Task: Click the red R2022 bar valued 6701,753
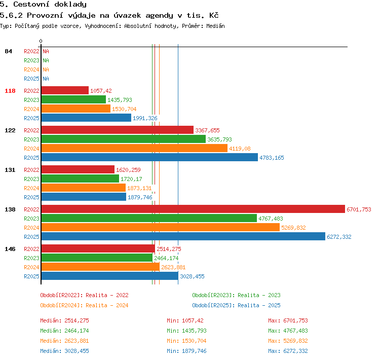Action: (x=193, y=209)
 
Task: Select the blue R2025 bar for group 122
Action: (x=149, y=157)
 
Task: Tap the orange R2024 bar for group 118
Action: (x=76, y=109)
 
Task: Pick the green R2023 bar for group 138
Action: (x=149, y=218)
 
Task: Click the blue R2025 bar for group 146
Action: (x=110, y=276)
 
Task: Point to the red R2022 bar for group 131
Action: (x=78, y=169)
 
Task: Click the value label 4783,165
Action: (x=272, y=158)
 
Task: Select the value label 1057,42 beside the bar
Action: (x=101, y=91)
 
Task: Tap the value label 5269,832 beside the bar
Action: (x=293, y=228)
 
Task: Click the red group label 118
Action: (x=10, y=91)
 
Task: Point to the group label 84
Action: (x=8, y=51)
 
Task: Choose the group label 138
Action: (x=10, y=209)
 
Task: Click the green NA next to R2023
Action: (x=46, y=60)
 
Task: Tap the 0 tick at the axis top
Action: (x=41, y=41)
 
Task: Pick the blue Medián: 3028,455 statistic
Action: (x=64, y=351)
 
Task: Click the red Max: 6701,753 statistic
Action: (x=288, y=320)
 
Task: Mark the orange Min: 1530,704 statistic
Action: (x=186, y=341)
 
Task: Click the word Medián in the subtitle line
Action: (x=215, y=26)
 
